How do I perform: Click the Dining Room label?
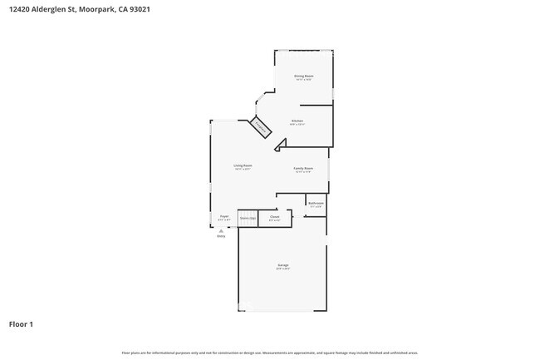(x=303, y=76)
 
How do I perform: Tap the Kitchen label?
(x=297, y=121)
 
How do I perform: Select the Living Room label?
(x=243, y=165)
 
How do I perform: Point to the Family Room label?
(x=303, y=168)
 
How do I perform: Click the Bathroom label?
(x=316, y=203)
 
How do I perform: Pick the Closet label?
(x=274, y=216)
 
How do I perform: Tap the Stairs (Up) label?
(x=248, y=218)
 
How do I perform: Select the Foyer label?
(x=224, y=216)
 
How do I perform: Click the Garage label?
(x=283, y=265)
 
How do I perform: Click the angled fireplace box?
(x=261, y=127)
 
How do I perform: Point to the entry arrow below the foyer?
(x=221, y=230)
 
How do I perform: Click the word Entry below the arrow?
(x=221, y=237)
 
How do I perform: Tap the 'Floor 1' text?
(x=21, y=323)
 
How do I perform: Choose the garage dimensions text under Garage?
(x=283, y=269)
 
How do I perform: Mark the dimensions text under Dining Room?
(x=303, y=80)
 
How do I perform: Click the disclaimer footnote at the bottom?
(x=269, y=353)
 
